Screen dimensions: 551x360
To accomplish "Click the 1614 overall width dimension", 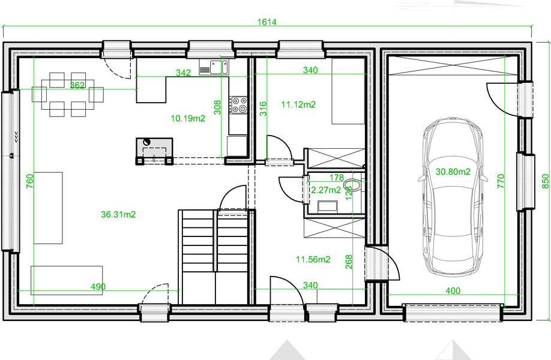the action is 266,22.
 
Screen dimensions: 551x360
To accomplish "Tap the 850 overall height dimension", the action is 546,181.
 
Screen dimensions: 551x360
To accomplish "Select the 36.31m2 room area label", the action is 118,214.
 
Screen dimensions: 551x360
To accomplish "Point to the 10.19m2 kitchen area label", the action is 188,118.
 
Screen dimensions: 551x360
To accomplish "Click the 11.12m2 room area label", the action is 298,104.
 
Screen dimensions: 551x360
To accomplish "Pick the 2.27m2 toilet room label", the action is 326,190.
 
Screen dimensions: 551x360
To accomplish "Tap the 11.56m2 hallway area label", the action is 313,260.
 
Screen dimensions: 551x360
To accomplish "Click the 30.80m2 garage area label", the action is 453,172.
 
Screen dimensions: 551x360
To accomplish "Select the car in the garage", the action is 453,197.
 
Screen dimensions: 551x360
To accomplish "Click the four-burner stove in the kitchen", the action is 238,105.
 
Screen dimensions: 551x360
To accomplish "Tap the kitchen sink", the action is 219,67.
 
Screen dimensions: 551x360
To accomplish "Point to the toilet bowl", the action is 352,185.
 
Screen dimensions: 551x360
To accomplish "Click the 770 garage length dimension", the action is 501,181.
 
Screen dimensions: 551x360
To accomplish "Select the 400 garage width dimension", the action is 453,291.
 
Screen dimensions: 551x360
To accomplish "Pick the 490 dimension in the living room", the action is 98,287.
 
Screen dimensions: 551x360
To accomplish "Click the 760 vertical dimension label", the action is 30,181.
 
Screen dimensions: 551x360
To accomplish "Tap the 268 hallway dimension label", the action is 349,262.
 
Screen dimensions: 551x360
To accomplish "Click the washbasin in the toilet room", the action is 328,207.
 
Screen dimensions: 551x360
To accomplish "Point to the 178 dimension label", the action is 337,178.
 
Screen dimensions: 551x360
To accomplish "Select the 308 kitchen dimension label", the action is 217,107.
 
